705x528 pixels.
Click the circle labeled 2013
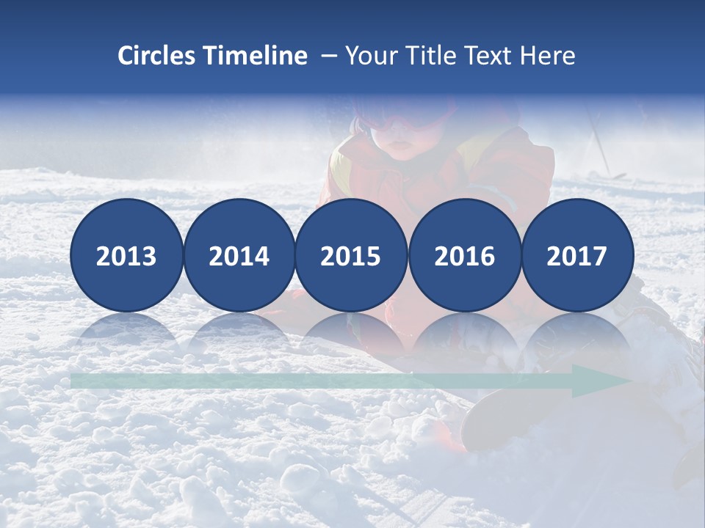(126, 255)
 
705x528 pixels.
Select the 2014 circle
(239, 255)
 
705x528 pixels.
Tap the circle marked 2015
(351, 255)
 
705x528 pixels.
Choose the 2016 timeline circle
(464, 255)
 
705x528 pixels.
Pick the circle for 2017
(577, 255)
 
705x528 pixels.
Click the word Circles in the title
(156, 56)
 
